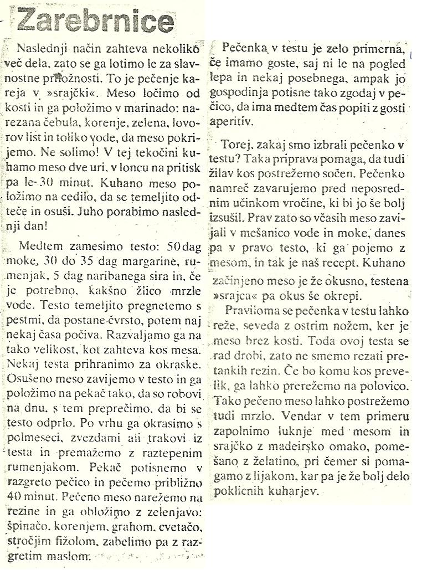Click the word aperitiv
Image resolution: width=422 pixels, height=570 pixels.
pyautogui.click(x=230, y=119)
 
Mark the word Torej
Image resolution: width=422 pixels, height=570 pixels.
pyautogui.click(x=235, y=147)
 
